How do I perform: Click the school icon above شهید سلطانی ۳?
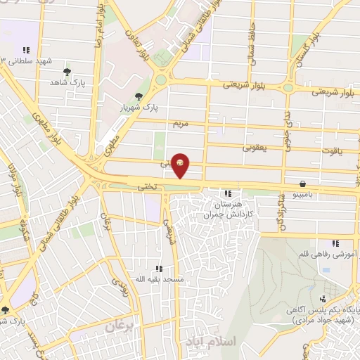coord(26,50)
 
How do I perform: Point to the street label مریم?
coord(181,123)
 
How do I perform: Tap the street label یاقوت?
coord(330,151)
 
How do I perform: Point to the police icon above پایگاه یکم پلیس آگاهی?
coord(323,299)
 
